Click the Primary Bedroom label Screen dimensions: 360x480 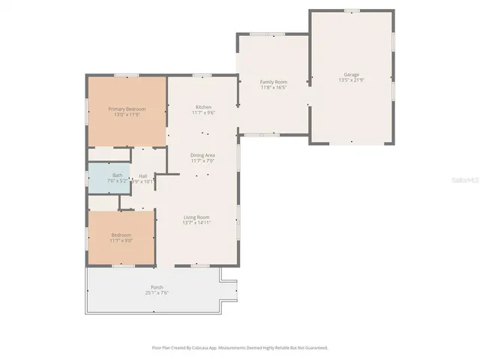point(126,109)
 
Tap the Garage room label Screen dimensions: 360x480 point(351,74)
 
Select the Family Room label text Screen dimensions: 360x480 point(274,82)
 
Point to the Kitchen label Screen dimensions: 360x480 point(203,107)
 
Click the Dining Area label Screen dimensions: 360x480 point(203,154)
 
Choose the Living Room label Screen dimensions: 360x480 point(196,217)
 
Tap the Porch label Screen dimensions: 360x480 point(157,287)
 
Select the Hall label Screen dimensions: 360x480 point(142,175)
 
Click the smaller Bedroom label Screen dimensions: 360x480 point(121,235)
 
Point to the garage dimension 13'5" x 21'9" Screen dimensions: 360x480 point(351,80)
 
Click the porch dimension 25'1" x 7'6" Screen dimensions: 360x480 point(157,293)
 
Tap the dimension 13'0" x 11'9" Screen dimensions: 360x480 point(126,115)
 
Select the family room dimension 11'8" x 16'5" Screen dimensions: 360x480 point(274,88)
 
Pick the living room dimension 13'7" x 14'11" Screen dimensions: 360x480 point(196,223)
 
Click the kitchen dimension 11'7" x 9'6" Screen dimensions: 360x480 point(203,113)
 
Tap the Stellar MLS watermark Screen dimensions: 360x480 point(465,181)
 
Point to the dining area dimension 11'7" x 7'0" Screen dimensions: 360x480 point(203,160)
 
